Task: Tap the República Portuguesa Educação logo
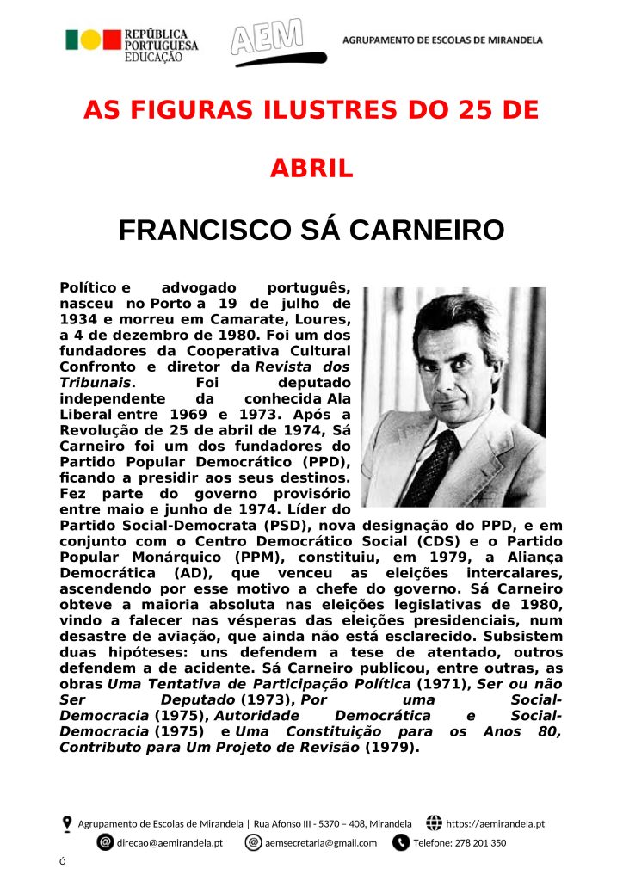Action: click(132, 42)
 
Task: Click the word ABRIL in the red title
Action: click(311, 169)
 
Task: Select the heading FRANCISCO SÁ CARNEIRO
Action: click(311, 231)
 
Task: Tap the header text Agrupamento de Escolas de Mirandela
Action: click(442, 40)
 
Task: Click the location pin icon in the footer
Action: click(67, 823)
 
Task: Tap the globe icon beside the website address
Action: click(434, 823)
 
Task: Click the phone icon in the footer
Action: click(400, 842)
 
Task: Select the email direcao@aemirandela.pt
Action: click(170, 843)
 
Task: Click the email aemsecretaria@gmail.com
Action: click(321, 843)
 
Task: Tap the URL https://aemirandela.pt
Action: click(496, 824)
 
